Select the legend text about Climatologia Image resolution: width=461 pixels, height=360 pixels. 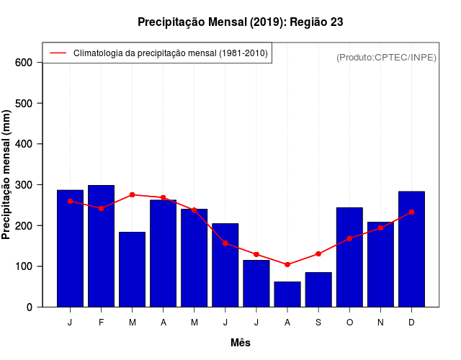pyautogui.click(x=170, y=53)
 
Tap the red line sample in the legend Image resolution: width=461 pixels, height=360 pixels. pyautogui.click(x=58, y=53)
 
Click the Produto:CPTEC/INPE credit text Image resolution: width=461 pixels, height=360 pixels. pyautogui.click(x=386, y=57)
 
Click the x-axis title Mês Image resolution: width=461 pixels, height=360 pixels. pyautogui.click(x=241, y=343)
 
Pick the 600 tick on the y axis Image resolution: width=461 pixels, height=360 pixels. pyautogui.click(x=24, y=63)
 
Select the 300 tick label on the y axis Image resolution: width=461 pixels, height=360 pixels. pyautogui.click(x=24, y=185)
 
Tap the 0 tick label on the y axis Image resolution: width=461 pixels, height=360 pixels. pyautogui.click(x=29, y=307)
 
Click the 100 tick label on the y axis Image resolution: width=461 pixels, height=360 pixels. pyautogui.click(x=24, y=266)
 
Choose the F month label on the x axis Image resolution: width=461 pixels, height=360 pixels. pyautogui.click(x=101, y=323)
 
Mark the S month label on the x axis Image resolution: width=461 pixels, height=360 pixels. pyautogui.click(x=318, y=323)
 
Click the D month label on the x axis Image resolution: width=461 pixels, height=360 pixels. pyautogui.click(x=411, y=323)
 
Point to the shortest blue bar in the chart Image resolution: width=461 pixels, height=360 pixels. pyautogui.click(x=287, y=294)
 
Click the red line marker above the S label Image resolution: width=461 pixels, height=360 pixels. pyautogui.click(x=318, y=254)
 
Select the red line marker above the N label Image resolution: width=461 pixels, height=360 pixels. pyautogui.click(x=380, y=228)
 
